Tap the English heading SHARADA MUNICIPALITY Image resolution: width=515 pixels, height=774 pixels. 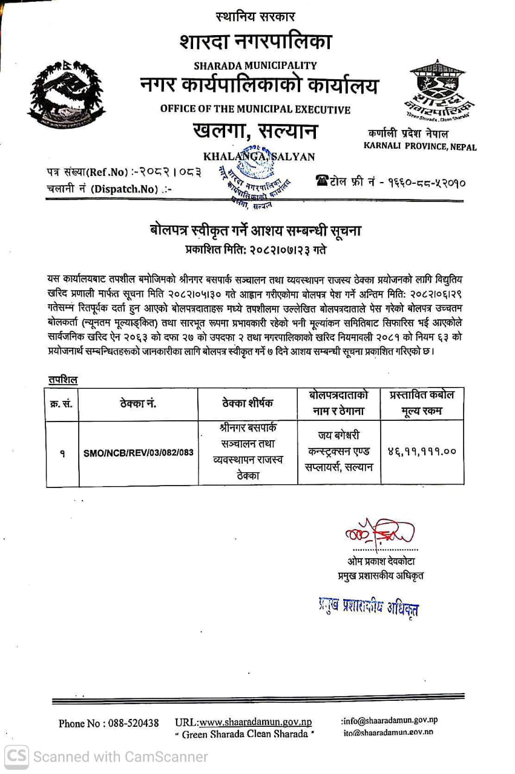pos(255,65)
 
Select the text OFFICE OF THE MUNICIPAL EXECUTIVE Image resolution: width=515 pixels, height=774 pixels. pos(255,109)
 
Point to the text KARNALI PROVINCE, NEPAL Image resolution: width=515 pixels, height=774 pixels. pos(419,146)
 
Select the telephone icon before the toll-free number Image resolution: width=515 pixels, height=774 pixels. pos(321,180)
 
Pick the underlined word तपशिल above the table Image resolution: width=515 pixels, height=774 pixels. pos(62,380)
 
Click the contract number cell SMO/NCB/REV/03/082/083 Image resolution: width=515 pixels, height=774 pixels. pos(139,453)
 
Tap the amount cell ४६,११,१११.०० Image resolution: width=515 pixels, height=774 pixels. pos(421,451)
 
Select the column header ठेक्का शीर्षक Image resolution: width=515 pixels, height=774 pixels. pos(248,403)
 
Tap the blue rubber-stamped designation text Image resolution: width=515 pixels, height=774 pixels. pos(368,607)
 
